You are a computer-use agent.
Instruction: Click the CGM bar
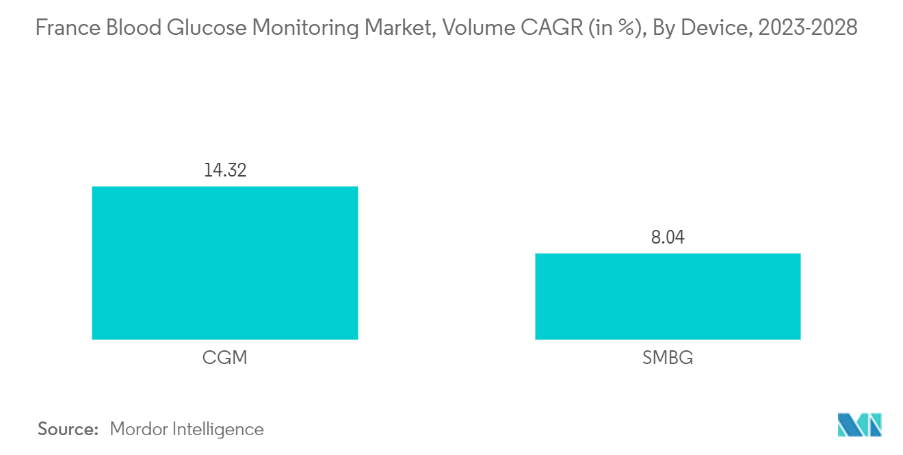225,263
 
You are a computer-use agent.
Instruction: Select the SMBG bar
668,296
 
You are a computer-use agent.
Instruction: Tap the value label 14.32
225,170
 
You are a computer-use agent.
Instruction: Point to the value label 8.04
668,237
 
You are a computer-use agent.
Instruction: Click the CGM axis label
224,357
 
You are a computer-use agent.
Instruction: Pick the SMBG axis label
668,357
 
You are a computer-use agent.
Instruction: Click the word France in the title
68,28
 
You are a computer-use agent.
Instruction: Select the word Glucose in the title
207,28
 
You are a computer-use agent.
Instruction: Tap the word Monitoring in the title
306,29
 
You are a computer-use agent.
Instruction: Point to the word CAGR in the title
552,28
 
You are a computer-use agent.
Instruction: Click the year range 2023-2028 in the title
808,28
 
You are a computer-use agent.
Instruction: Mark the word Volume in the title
478,28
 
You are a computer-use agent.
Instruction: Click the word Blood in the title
134,28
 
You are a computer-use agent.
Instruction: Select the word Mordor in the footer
138,429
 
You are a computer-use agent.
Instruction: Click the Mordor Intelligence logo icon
859,425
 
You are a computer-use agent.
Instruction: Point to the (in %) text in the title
617,29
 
